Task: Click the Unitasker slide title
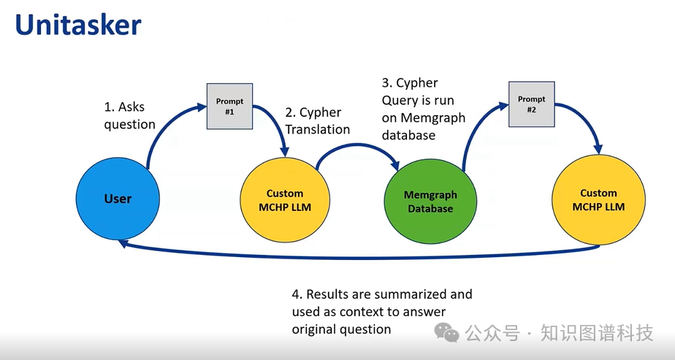click(x=78, y=25)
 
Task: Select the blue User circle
click(x=117, y=199)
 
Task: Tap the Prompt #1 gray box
click(x=229, y=106)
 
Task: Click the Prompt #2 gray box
click(x=531, y=104)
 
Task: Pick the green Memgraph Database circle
click(x=430, y=202)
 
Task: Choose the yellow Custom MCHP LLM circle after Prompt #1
click(x=284, y=200)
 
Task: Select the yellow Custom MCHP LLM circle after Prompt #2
click(x=598, y=200)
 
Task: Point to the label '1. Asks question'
click(x=129, y=115)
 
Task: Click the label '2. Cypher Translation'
click(x=316, y=120)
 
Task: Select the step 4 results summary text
click(x=381, y=312)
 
